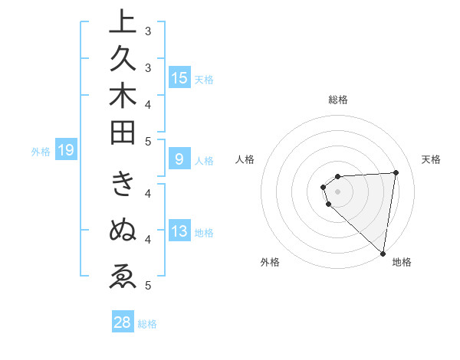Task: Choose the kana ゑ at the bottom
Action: click(123, 275)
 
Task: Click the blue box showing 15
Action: click(179, 78)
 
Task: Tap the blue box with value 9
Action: click(179, 159)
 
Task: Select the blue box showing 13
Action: click(179, 232)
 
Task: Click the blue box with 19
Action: click(65, 150)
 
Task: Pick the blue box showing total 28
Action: click(123, 322)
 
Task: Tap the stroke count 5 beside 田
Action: click(147, 141)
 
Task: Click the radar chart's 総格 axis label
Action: click(338, 100)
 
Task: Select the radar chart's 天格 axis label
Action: click(431, 159)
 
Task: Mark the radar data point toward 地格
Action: click(383, 253)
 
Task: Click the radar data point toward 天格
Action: click(396, 172)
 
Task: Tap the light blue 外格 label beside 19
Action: click(41, 151)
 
